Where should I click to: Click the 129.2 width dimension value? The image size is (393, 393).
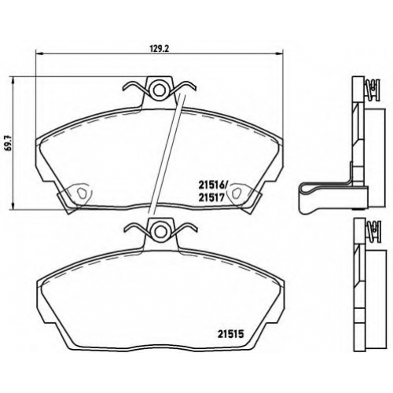pyautogui.click(x=159, y=49)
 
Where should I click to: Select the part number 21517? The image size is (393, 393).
pyautogui.click(x=211, y=197)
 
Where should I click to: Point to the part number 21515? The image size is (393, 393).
pyautogui.click(x=231, y=334)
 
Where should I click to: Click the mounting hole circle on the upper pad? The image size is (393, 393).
pyautogui.click(x=159, y=90)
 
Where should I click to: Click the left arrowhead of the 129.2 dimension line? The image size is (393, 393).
pyautogui.click(x=39, y=53)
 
